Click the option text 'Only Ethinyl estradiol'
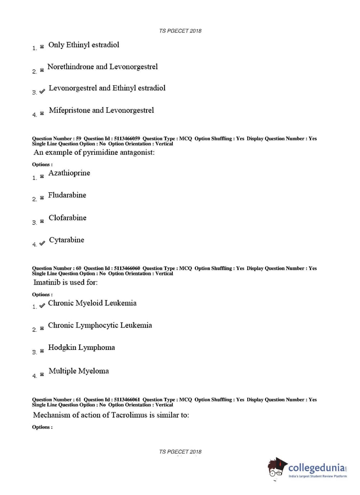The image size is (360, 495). [84, 45]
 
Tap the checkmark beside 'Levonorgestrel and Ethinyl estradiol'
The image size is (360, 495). [42, 91]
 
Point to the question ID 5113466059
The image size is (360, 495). [127, 139]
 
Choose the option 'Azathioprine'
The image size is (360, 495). [69, 173]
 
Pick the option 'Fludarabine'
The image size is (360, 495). [67, 195]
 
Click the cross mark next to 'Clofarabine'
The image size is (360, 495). [42, 221]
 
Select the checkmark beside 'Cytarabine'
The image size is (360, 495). [42, 243]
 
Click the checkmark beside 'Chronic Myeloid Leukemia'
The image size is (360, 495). [42, 306]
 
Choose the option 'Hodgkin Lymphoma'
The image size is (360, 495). [81, 347]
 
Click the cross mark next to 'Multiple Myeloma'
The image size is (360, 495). [42, 375]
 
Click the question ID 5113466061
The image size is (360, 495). [127, 400]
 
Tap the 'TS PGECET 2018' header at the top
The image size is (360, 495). [180, 31]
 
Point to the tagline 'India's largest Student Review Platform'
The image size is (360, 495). [318, 476]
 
